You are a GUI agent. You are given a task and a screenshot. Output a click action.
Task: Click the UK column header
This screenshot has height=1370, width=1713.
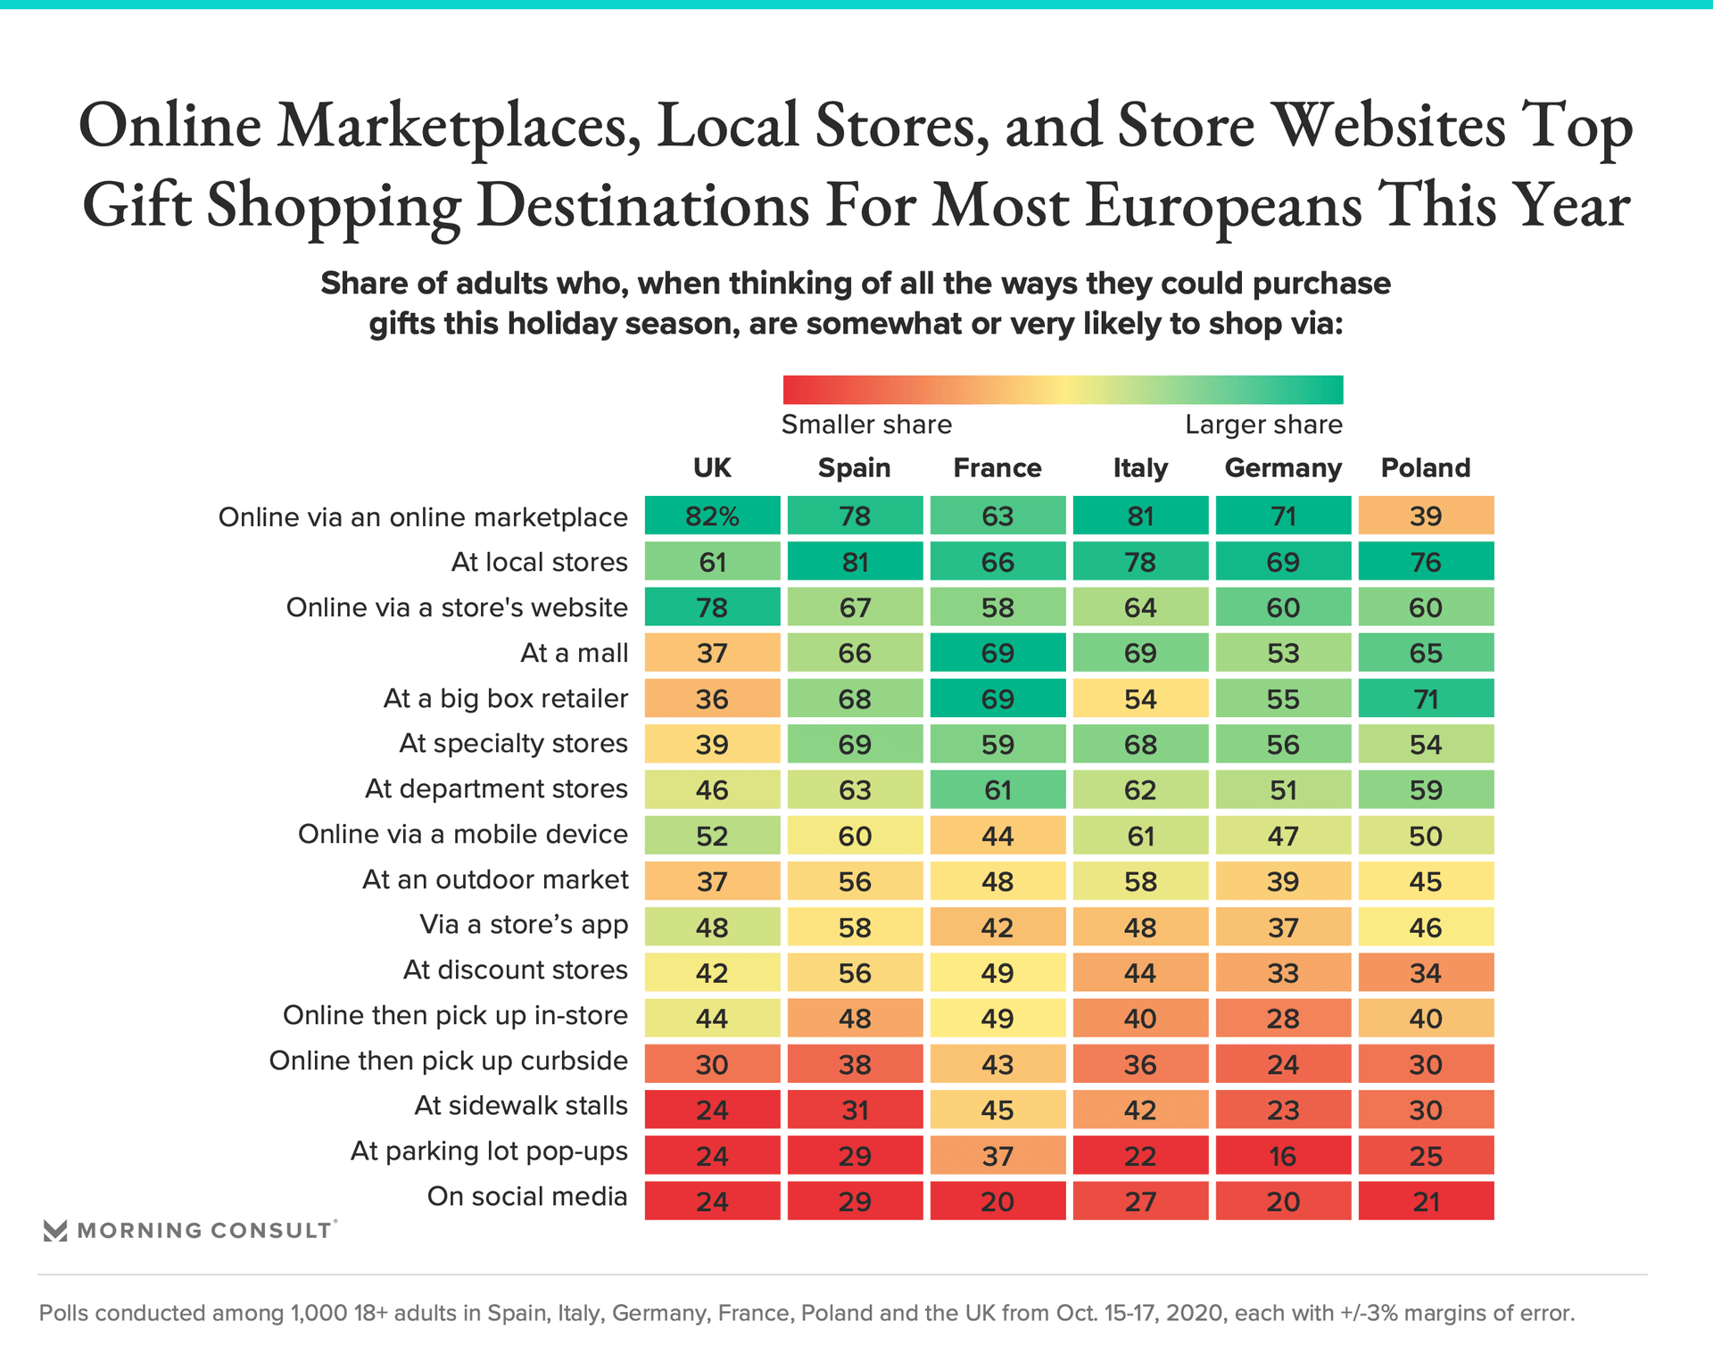click(x=712, y=468)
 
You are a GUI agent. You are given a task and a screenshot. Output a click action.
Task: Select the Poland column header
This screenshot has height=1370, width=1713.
click(x=1425, y=468)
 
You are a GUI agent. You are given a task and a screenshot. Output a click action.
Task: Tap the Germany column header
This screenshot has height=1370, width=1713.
click(x=1283, y=468)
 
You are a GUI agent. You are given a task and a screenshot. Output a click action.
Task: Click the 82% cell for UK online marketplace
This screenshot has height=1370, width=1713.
click(x=712, y=516)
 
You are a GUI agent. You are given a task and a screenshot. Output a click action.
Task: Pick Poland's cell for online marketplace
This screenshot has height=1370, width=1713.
click(x=1426, y=516)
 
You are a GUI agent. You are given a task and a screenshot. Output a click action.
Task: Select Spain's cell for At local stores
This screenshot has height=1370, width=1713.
click(x=855, y=562)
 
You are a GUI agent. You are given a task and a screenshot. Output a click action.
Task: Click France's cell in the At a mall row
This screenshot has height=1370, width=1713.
click(x=997, y=653)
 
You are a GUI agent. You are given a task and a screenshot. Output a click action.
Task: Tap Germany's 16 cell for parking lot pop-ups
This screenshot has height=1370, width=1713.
click(x=1283, y=1156)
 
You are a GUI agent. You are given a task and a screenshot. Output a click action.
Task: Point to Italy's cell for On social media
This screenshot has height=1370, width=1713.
click(x=1140, y=1201)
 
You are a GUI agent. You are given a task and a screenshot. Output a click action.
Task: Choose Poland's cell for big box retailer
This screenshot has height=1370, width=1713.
click(x=1426, y=698)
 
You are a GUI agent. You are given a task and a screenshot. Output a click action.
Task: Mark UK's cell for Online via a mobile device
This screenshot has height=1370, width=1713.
click(x=712, y=836)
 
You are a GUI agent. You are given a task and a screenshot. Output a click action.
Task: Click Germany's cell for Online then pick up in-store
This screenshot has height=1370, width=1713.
click(x=1283, y=1019)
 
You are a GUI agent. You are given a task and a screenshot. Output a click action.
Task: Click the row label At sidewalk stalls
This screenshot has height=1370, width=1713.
click(x=521, y=1106)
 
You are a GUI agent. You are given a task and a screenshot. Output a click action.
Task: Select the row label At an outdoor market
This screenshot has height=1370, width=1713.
click(x=495, y=880)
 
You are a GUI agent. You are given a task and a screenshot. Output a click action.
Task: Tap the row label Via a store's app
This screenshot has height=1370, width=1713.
click(x=524, y=925)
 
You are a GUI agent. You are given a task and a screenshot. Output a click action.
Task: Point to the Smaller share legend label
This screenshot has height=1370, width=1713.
click(x=866, y=425)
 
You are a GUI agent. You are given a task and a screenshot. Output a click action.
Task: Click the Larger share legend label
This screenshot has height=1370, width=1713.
click(x=1263, y=425)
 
